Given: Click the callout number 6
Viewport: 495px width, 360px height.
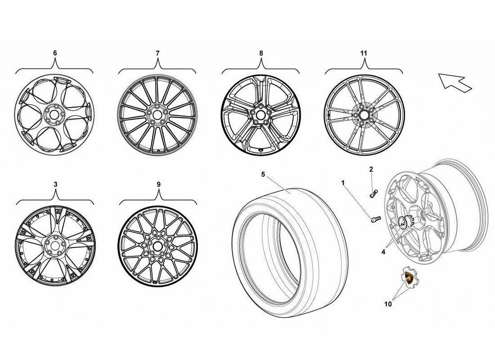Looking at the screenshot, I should pyautogui.click(x=55, y=53).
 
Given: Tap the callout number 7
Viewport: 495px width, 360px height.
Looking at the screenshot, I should pyautogui.click(x=157, y=53).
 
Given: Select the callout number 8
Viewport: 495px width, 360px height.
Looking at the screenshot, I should pyautogui.click(x=261, y=53).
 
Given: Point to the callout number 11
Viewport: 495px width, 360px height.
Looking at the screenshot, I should pyautogui.click(x=364, y=53).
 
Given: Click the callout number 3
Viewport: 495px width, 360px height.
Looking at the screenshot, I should pyautogui.click(x=55, y=184).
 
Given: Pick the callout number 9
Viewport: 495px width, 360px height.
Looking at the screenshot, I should pyautogui.click(x=158, y=184).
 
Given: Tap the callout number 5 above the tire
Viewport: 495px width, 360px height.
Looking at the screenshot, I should pyautogui.click(x=263, y=175).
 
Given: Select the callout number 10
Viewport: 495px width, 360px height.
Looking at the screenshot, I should pyautogui.click(x=388, y=304).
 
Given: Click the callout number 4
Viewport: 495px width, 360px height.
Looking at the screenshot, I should pyautogui.click(x=383, y=252).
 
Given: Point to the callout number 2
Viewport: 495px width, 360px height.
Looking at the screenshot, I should pyautogui.click(x=371, y=169).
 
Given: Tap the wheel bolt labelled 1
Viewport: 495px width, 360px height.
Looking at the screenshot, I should pyautogui.click(x=374, y=219).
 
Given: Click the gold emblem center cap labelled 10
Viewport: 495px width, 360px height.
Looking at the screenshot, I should pyautogui.click(x=409, y=278).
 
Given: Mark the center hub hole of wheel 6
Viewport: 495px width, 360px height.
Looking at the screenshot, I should pyautogui.click(x=54, y=115).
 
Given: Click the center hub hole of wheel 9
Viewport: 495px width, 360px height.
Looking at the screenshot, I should pyautogui.click(x=157, y=247).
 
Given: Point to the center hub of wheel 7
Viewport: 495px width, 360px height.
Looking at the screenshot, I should pyautogui.click(x=157, y=115).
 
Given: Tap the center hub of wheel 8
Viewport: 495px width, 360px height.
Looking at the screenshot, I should pyautogui.click(x=260, y=115).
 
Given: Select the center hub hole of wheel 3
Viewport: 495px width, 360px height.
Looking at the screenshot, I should pyautogui.click(x=55, y=246).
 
